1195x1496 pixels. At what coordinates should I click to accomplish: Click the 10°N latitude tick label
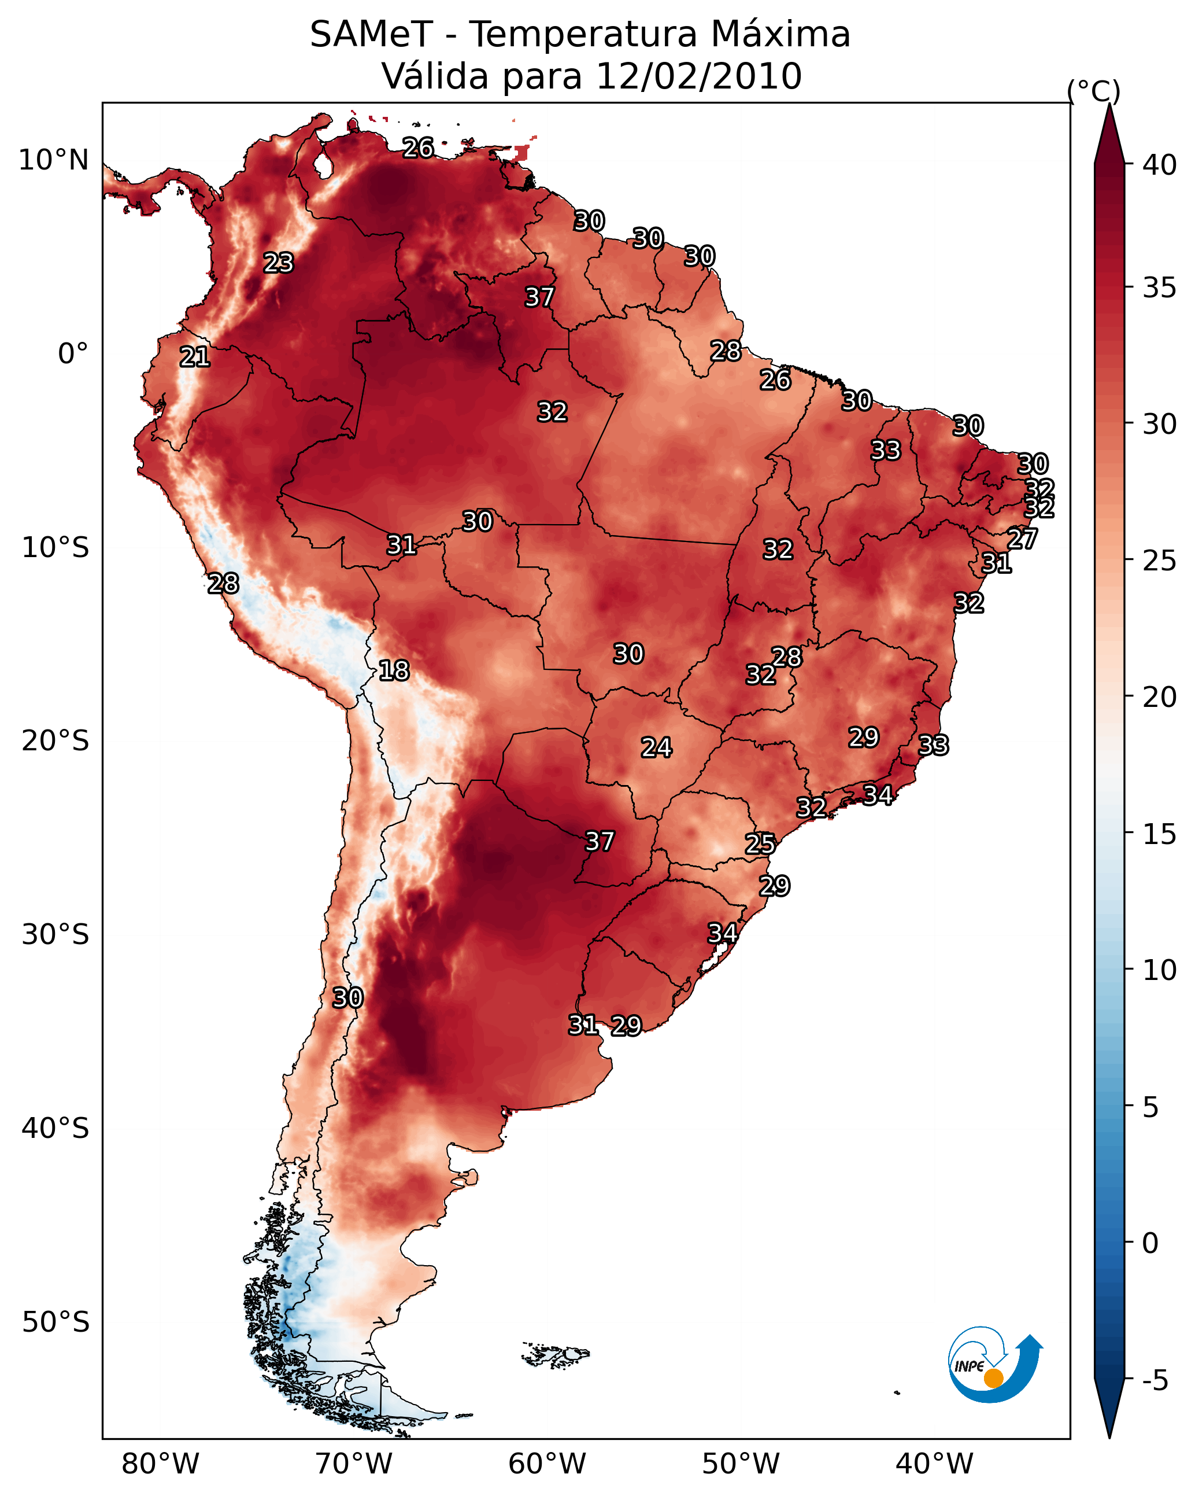coord(53,160)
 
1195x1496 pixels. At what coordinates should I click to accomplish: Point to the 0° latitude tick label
coord(73,354)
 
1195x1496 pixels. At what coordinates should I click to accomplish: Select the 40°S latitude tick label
coord(56,1128)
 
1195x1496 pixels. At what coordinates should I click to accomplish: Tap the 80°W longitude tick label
coord(160,1464)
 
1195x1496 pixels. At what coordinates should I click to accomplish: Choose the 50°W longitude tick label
coord(741,1464)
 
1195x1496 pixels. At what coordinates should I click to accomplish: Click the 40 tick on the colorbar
coord(1159,165)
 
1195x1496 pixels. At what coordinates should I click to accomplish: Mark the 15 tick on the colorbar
coord(1159,834)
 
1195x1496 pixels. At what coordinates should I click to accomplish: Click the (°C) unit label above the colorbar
coord(1094,91)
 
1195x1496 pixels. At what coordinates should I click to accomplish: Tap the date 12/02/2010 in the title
coord(698,76)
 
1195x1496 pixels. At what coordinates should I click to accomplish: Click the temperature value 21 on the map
coord(195,358)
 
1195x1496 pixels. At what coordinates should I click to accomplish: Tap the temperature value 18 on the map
coord(394,671)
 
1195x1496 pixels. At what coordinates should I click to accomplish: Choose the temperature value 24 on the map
coord(656,748)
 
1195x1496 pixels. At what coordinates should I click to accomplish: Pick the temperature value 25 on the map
coord(760,844)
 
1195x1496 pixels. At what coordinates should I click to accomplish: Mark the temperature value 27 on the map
coord(1022,539)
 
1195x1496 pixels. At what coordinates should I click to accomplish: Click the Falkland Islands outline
coord(555,1354)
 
